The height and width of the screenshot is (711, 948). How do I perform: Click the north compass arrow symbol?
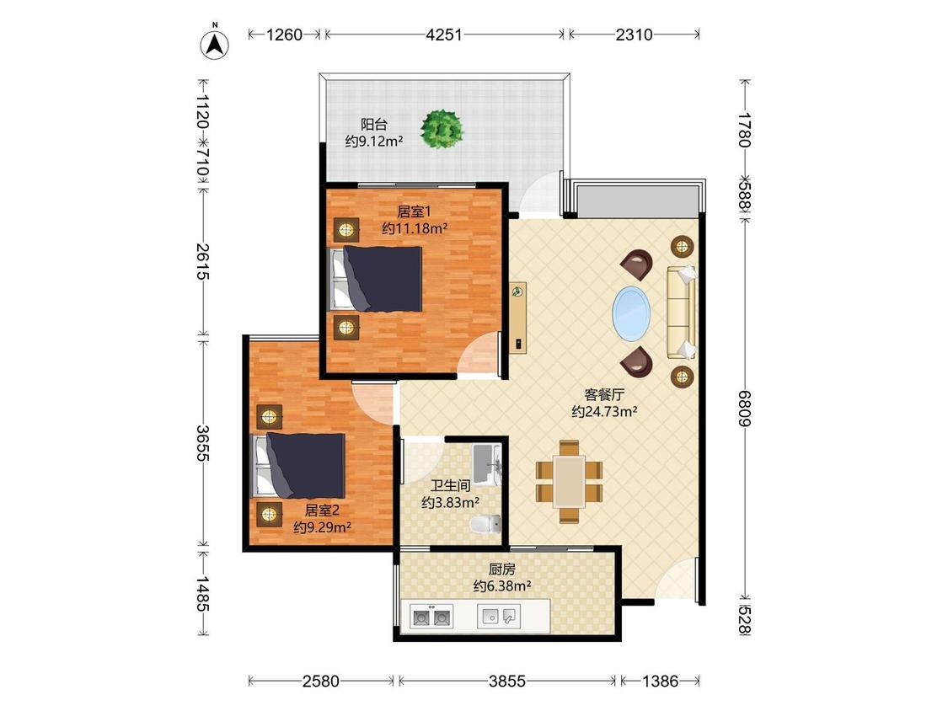tap(215, 43)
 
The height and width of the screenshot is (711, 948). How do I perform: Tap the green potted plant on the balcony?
tap(442, 128)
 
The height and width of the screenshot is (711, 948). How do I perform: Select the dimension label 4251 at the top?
tap(444, 35)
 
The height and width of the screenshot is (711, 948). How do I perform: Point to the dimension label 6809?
tap(745, 408)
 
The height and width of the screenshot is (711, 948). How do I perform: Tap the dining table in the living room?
tap(569, 481)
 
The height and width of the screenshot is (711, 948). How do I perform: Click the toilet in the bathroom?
tap(485, 524)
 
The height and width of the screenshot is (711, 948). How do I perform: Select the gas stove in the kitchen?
tap(431, 617)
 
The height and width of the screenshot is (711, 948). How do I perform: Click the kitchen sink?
tap(499, 616)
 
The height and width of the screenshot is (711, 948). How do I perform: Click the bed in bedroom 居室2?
tap(298, 465)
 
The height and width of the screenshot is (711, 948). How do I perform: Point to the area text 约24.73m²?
tap(604, 412)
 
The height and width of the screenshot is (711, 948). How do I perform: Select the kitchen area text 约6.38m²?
tap(502, 585)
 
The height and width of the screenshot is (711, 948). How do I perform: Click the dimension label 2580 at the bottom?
tap(320, 682)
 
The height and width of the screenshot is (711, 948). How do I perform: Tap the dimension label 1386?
tap(660, 682)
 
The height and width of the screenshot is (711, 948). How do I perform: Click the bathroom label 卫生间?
tap(451, 485)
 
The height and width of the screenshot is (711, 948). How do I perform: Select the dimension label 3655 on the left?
tap(203, 443)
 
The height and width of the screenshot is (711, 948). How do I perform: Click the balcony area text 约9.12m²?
tap(374, 142)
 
